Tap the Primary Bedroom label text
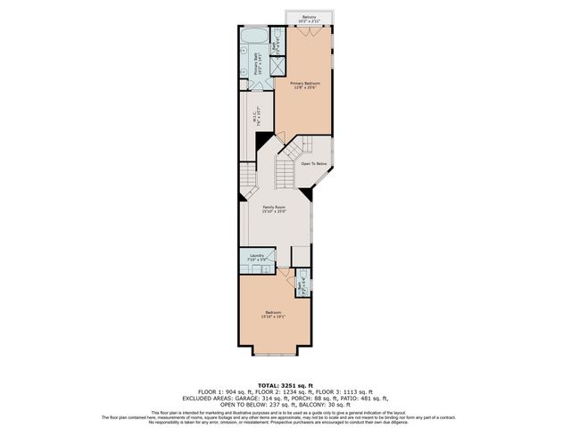pyautogui.click(x=304, y=82)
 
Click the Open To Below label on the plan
pyautogui.click(x=312, y=164)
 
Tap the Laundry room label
pyautogui.click(x=256, y=255)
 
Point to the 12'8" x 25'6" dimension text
pyautogui.click(x=304, y=87)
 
